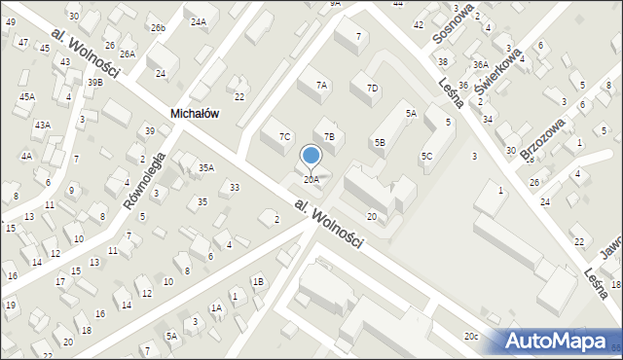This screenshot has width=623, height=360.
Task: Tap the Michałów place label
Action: [x=194, y=113]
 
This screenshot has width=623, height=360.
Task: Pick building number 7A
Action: [x=320, y=85]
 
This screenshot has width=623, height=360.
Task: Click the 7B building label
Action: [x=329, y=136]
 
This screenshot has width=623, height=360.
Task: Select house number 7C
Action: [x=284, y=136]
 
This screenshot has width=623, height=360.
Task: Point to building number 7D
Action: [x=372, y=89]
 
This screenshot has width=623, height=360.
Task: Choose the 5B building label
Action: [x=380, y=142]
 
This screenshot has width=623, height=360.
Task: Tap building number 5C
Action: [x=426, y=156]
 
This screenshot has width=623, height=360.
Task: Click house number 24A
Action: [x=199, y=21]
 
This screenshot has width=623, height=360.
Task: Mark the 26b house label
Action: [x=158, y=28]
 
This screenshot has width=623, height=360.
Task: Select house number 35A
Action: [x=205, y=167]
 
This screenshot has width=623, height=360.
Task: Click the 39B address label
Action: [x=94, y=83]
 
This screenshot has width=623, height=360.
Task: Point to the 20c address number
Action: [x=471, y=336]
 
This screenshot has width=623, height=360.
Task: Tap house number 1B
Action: [x=258, y=281]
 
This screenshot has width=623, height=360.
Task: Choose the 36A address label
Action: [x=480, y=64]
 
